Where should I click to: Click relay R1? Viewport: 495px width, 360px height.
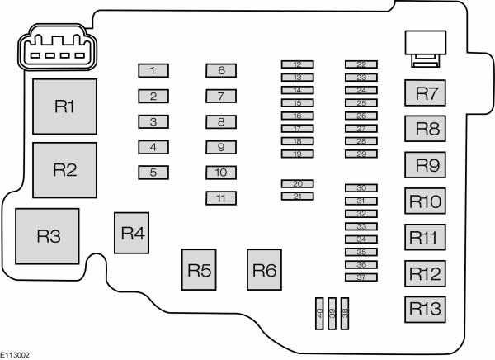click(x=64, y=107)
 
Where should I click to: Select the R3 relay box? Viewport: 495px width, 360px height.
click(x=47, y=236)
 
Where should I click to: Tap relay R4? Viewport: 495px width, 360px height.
click(x=132, y=233)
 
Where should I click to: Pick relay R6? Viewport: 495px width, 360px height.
click(x=264, y=270)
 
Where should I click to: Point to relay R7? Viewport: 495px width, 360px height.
click(x=425, y=93)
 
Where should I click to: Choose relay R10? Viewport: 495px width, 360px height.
click(x=425, y=201)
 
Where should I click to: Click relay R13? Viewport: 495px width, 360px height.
click(x=425, y=310)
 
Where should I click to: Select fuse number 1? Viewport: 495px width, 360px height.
click(x=153, y=70)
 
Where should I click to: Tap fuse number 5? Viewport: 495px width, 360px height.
click(x=153, y=173)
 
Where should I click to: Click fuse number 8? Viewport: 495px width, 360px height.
click(x=221, y=121)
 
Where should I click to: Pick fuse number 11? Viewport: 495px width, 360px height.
click(x=221, y=198)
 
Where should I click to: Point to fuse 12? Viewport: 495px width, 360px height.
click(x=297, y=64)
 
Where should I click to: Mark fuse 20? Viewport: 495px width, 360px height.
click(x=297, y=183)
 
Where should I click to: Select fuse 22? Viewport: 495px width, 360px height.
click(x=361, y=64)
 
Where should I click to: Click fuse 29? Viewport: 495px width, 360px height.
click(x=361, y=154)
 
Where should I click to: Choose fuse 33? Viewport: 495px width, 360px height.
click(x=361, y=226)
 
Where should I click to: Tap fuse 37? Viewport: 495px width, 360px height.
click(x=361, y=277)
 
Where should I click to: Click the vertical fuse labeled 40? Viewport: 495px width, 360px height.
click(x=319, y=314)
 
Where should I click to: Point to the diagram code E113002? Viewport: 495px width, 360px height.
click(x=15, y=355)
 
